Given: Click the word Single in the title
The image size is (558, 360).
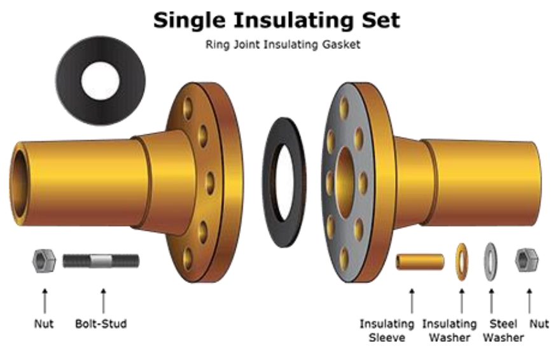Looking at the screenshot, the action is tap(189, 20).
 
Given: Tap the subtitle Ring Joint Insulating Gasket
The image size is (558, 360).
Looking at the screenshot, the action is tap(283, 45).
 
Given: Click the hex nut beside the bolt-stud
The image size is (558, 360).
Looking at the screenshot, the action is tap(44, 261).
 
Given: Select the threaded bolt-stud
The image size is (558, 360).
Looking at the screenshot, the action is tap(101, 261).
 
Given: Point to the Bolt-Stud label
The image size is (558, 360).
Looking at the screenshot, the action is tap(101, 324).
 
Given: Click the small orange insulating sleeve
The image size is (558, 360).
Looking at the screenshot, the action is tap(420, 262).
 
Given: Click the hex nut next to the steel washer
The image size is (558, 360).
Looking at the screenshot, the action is tap(527, 260).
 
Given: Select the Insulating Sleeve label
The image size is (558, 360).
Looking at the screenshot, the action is tap(387, 331).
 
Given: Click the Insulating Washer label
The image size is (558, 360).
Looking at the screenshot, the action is tap(449, 331).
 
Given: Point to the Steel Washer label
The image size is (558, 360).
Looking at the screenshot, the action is tap(503, 331).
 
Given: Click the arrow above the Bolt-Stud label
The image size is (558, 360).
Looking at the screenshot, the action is tap(104, 301).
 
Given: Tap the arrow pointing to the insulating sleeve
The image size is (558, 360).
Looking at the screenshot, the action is tap(412, 301).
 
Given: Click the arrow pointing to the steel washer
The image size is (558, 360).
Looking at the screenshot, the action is tap(491, 301).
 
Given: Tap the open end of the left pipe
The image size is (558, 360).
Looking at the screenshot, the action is tap(18, 184).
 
